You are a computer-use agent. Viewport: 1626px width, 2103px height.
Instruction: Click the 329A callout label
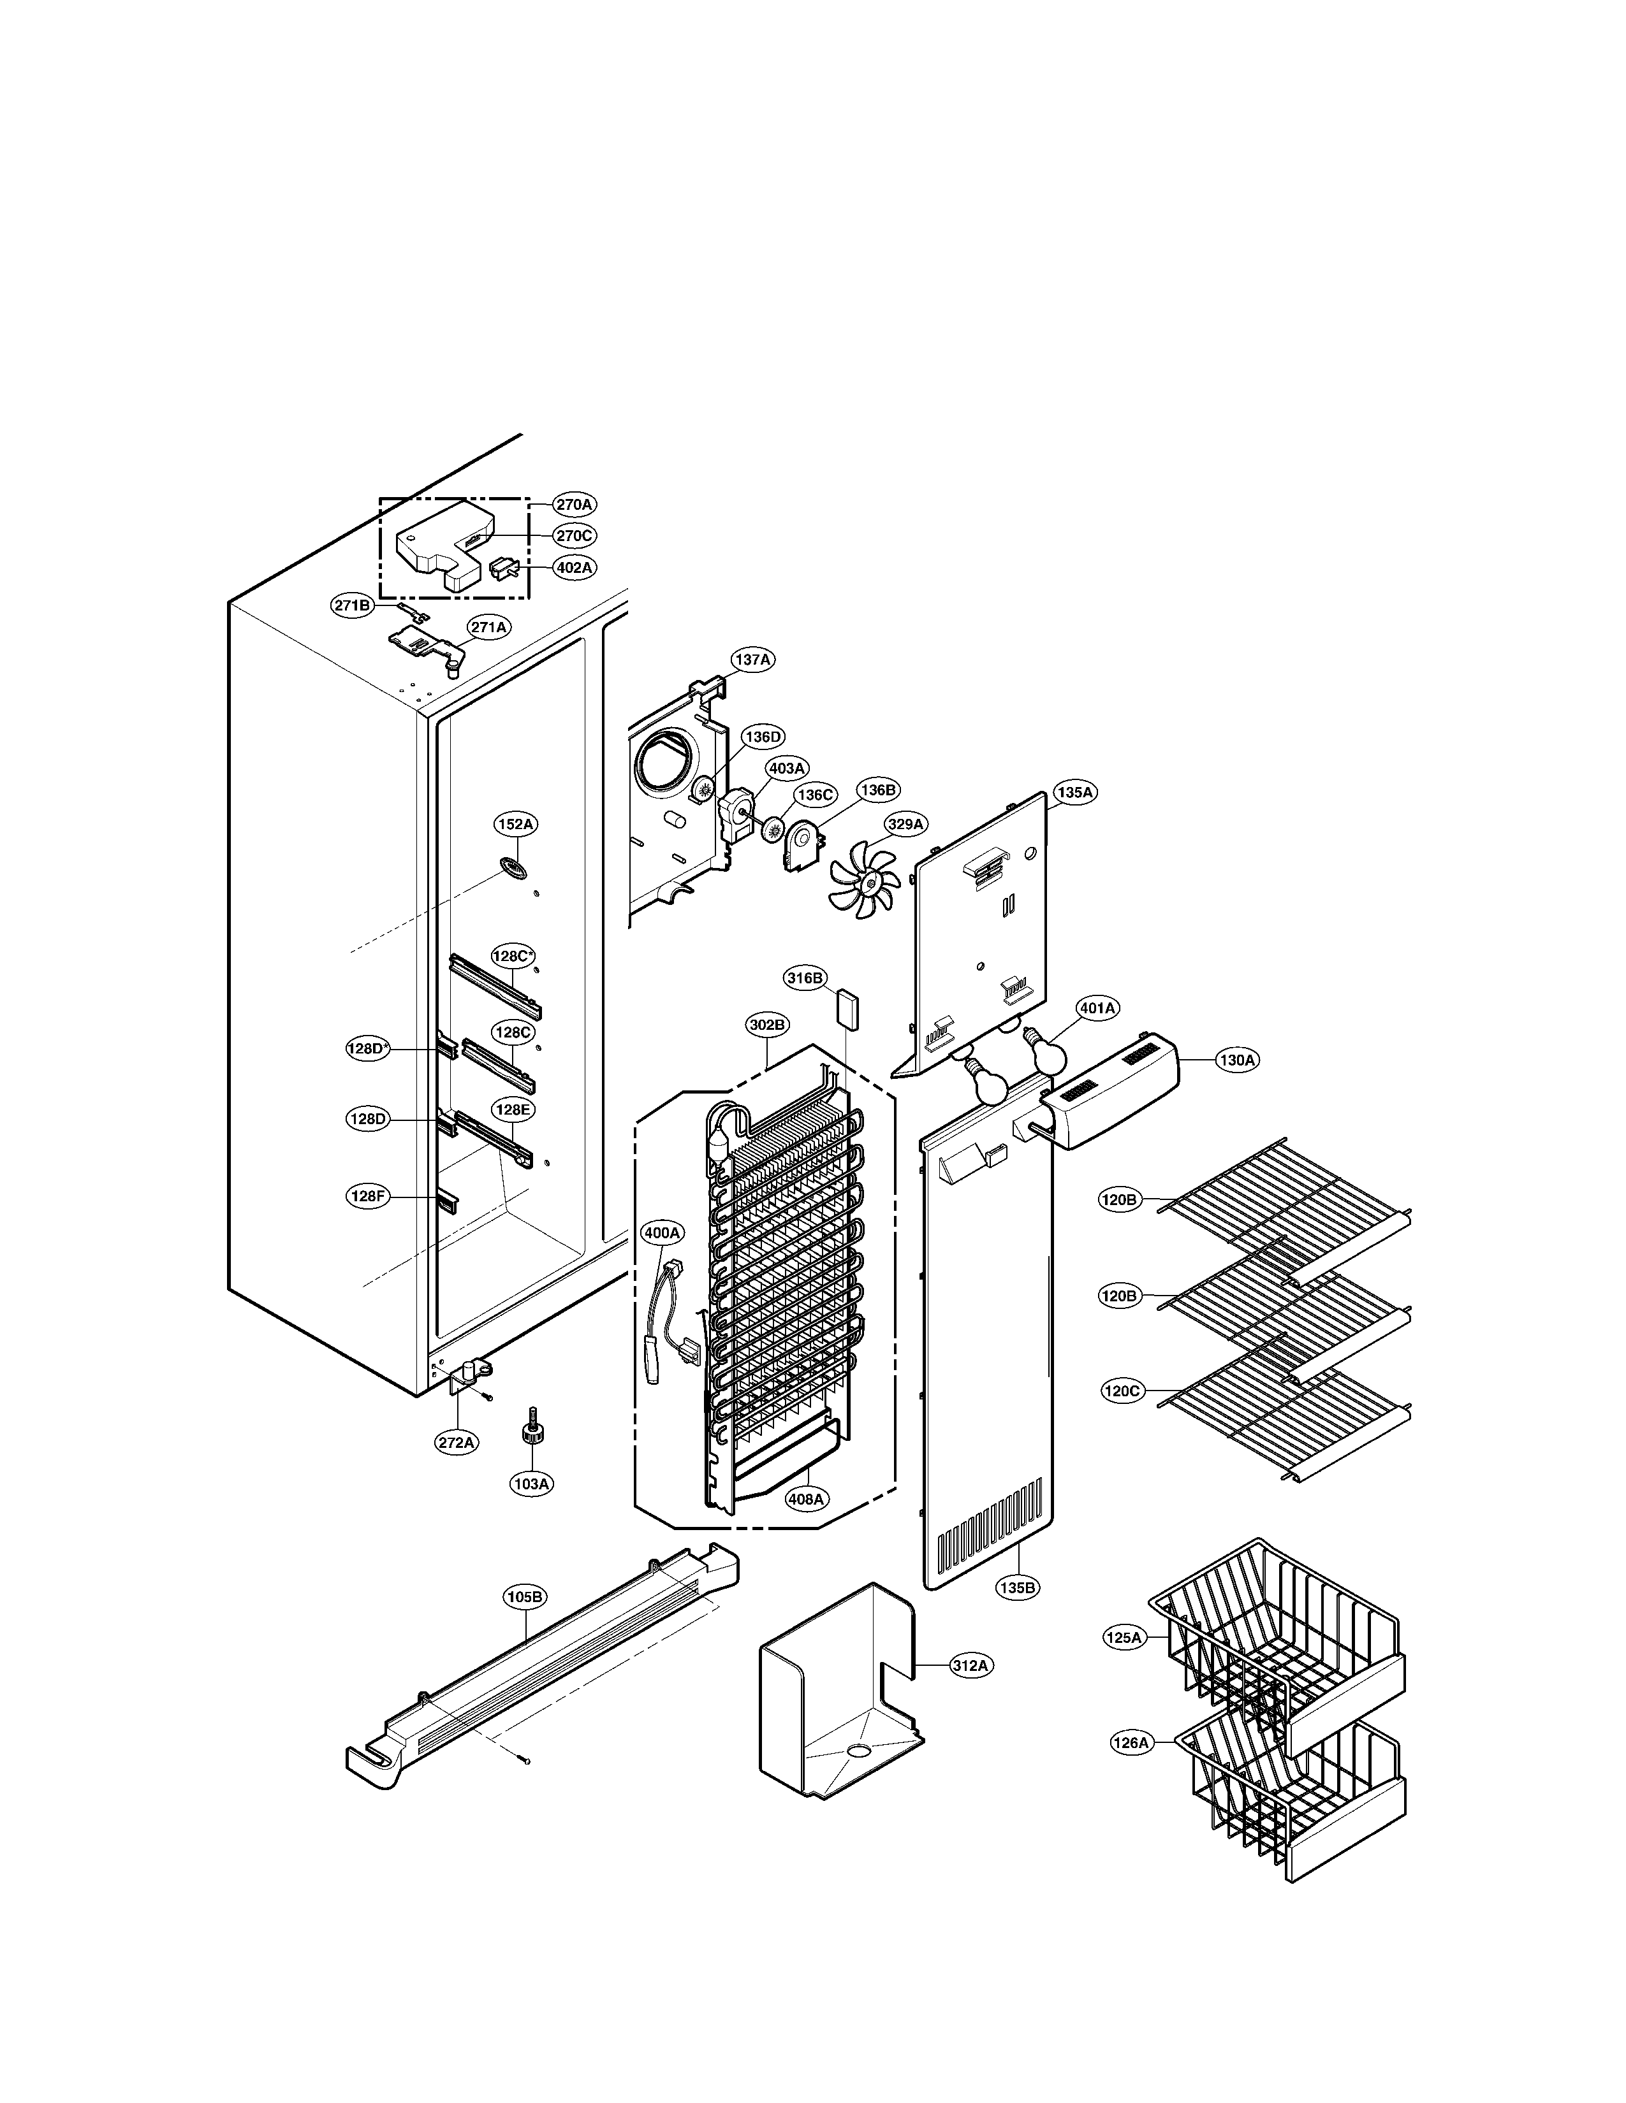[905, 824]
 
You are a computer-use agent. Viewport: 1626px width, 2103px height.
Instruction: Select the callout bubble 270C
[574, 535]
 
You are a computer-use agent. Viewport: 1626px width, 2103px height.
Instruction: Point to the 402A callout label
[574, 568]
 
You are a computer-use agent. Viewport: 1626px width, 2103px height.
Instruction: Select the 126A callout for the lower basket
[1131, 1743]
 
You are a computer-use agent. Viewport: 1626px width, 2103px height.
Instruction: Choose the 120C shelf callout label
[1121, 1391]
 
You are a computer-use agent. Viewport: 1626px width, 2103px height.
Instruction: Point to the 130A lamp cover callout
[1237, 1060]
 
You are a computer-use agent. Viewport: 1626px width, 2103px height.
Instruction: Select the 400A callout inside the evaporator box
[662, 1232]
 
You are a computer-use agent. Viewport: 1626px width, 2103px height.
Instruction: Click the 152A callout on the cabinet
[515, 824]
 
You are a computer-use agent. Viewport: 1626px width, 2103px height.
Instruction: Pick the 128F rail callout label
[367, 1197]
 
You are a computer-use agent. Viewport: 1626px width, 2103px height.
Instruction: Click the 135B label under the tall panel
[1017, 1588]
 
